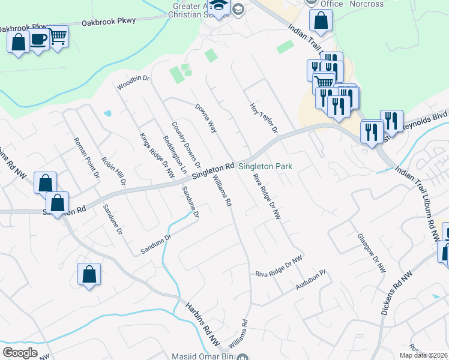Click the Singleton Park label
click(x=265, y=166)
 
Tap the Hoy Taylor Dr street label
click(x=264, y=118)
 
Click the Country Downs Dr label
click(x=185, y=144)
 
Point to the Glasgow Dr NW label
click(x=372, y=253)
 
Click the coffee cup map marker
click(x=39, y=40)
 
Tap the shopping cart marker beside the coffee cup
click(x=58, y=37)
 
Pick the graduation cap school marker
click(x=219, y=7)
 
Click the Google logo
click(x=20, y=353)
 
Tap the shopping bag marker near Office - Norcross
click(x=321, y=21)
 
